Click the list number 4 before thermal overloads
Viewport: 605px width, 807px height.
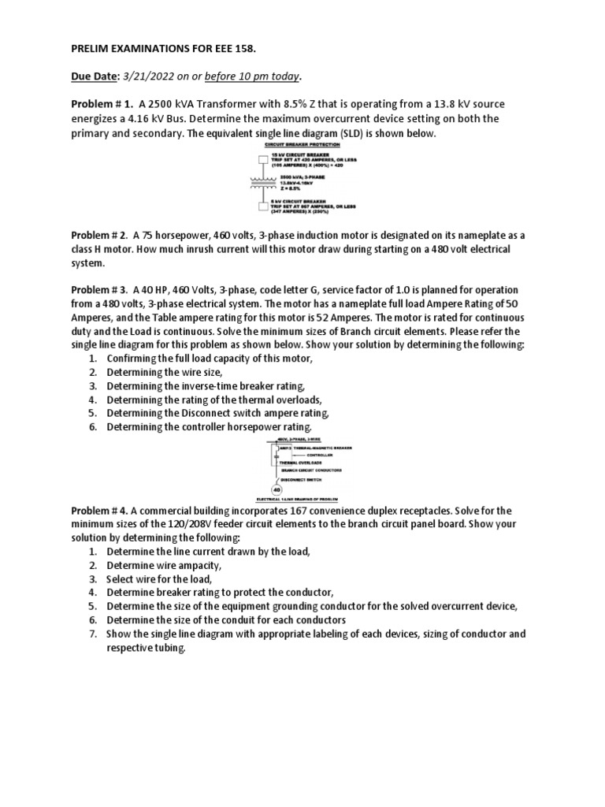[92, 400]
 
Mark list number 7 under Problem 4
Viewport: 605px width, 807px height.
[92, 634]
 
